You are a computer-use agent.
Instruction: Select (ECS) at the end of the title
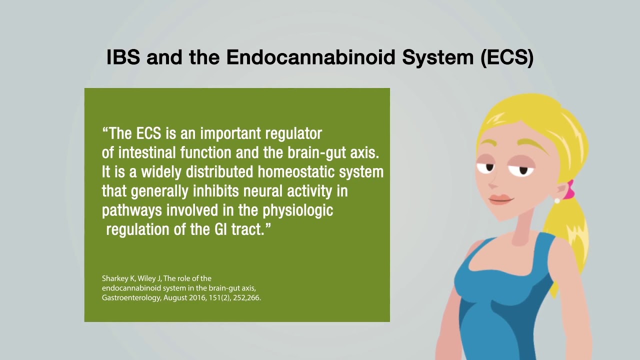[x=507, y=58]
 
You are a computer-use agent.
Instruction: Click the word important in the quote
[x=230, y=133]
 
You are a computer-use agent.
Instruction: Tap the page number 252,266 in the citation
[x=246, y=297]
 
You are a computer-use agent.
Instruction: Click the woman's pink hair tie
[x=569, y=189]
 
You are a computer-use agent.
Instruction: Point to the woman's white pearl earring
[x=557, y=200]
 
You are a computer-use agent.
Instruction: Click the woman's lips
[x=500, y=199]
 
